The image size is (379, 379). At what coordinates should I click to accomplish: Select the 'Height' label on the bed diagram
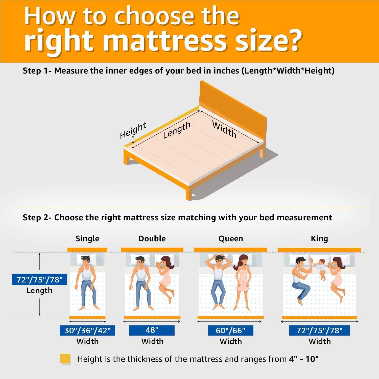(x=133, y=130)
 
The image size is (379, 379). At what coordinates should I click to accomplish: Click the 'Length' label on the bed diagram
(x=176, y=130)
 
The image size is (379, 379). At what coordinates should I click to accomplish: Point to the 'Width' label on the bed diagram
(x=224, y=129)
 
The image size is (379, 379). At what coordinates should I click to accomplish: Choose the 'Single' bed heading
(x=87, y=239)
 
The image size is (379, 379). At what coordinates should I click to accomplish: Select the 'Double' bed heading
(x=152, y=239)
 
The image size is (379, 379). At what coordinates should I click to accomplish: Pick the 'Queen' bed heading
(x=231, y=239)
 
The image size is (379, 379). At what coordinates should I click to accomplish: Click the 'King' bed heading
(x=319, y=239)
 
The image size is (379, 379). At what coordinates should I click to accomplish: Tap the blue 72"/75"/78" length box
(x=39, y=280)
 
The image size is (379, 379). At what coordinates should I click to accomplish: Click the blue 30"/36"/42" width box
(x=87, y=330)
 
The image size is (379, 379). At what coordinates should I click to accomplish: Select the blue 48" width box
(x=152, y=330)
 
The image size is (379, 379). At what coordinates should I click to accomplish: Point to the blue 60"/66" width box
(x=231, y=330)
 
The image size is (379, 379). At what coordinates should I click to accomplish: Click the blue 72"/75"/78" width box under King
(x=320, y=330)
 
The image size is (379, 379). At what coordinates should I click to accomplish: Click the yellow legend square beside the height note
(x=65, y=359)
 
